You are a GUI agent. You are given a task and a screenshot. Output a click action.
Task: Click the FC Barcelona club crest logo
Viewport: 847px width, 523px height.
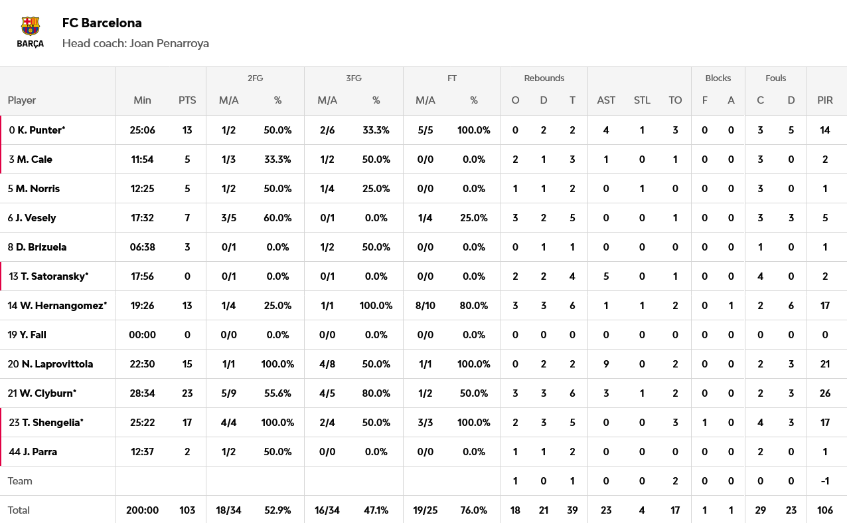(31, 32)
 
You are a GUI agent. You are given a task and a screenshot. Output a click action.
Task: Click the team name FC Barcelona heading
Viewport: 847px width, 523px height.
(102, 23)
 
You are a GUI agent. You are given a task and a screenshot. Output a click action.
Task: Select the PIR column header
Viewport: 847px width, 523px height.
(825, 100)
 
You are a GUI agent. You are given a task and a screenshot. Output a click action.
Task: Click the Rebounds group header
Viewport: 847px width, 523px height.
(544, 78)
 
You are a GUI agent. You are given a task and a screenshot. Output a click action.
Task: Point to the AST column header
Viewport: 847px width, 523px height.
(606, 100)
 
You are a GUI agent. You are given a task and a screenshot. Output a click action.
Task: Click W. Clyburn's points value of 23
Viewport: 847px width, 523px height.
(187, 393)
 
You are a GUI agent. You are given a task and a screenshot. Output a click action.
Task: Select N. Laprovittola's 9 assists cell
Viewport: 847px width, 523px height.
(606, 364)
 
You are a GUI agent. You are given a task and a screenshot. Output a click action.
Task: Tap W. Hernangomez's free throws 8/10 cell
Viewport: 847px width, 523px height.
(425, 306)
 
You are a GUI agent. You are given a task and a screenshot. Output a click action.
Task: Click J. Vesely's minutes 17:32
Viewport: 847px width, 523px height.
(143, 218)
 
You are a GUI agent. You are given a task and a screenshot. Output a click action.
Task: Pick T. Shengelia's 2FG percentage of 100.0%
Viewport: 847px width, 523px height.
(277, 423)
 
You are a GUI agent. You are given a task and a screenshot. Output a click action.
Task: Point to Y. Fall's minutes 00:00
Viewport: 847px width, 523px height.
(143, 335)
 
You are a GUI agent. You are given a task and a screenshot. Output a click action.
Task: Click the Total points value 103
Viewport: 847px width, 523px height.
(187, 510)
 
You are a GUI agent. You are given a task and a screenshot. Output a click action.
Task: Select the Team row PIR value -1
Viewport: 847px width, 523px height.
(825, 481)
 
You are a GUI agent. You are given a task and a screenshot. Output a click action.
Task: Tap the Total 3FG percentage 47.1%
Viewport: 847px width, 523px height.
(376, 510)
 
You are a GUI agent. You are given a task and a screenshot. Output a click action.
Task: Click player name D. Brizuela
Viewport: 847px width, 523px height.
(41, 247)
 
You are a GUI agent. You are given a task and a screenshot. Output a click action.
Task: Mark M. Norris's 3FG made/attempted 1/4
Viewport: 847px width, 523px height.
(327, 189)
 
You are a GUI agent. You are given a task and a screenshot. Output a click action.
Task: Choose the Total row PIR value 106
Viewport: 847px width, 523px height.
(825, 510)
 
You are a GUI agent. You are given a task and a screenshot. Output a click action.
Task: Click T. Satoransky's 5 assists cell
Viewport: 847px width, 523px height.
(606, 276)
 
